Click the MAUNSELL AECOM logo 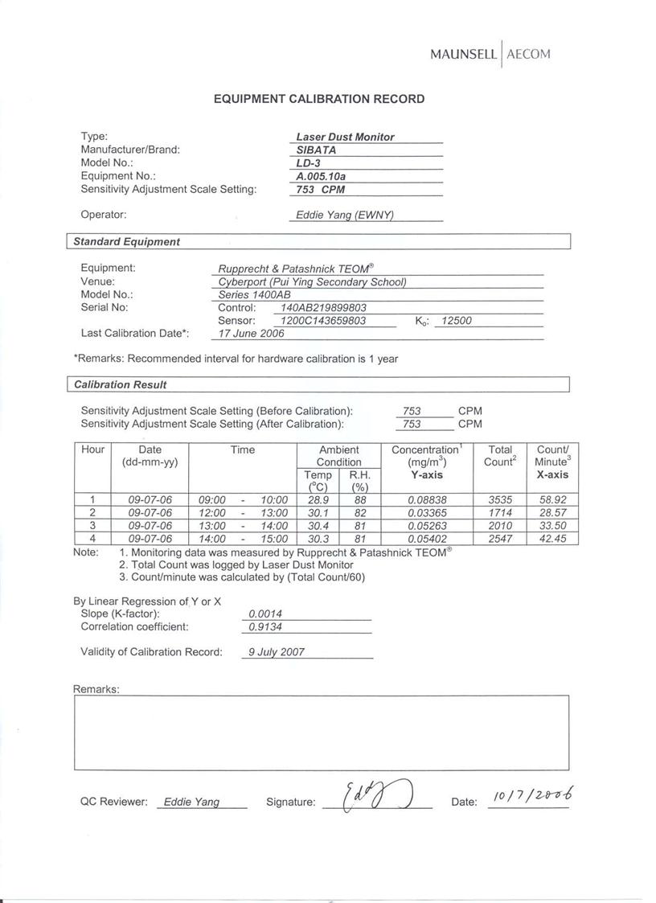490,55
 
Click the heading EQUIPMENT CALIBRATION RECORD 319,99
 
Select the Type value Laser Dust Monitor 345,138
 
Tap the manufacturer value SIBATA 316,150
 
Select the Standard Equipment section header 126,242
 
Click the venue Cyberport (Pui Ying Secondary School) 312,282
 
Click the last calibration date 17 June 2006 251,334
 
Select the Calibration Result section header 120,385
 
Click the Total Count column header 499,456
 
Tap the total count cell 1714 499,513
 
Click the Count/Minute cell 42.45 552,539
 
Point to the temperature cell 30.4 318,526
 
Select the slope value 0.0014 264,614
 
